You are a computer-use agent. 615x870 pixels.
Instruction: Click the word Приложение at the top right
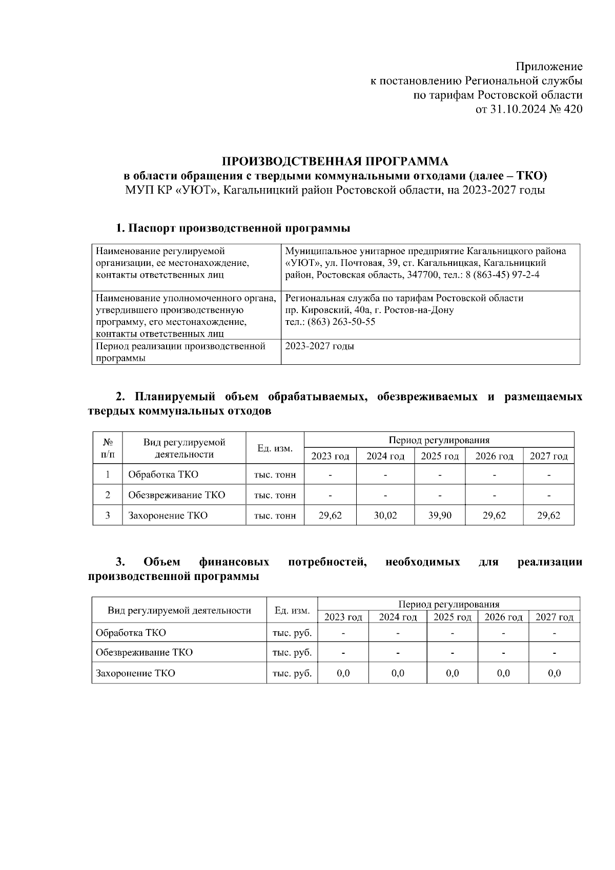coord(549,67)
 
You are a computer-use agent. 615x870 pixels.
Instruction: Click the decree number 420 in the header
coord(572,109)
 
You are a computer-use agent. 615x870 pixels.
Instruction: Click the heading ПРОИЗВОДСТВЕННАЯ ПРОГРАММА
coord(335,162)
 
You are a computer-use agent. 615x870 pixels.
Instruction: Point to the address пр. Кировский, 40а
coord(329,310)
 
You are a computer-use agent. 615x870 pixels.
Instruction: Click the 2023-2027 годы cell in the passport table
coord(319,346)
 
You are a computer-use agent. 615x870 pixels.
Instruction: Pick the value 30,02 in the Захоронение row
coord(385,515)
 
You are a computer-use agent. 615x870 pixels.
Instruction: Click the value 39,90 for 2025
coord(440,515)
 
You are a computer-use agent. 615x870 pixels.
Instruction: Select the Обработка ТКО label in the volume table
coord(163,474)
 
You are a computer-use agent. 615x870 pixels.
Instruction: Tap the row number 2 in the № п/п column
coord(108,495)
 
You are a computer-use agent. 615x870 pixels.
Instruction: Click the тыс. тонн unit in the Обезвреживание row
coord(275,495)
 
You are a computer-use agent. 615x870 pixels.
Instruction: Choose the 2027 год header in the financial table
coord(554,617)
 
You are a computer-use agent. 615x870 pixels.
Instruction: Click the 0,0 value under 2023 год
coord(343,673)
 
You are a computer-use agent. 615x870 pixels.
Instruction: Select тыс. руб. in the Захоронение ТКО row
coord(292,673)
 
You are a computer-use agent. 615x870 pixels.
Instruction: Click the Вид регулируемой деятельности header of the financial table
coord(179,610)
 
